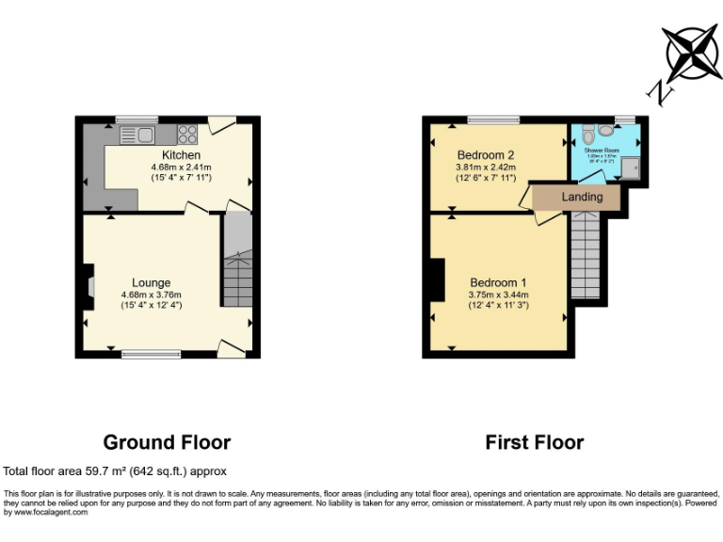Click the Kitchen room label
click(x=181, y=155)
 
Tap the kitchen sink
click(x=137, y=135)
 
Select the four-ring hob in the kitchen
click(x=186, y=135)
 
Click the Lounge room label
click(x=151, y=282)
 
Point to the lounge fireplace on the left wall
click(x=88, y=286)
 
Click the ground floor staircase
click(x=237, y=263)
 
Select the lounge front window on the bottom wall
click(x=151, y=355)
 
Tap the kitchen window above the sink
click(x=137, y=119)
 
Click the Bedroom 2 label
click(x=485, y=155)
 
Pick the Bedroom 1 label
click(x=498, y=282)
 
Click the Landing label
click(x=582, y=197)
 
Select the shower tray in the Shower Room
click(x=630, y=167)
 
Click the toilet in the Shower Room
click(x=588, y=132)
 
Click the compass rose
click(x=692, y=54)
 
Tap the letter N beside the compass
click(x=660, y=92)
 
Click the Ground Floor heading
click(x=166, y=442)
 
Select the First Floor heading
click(x=534, y=442)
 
